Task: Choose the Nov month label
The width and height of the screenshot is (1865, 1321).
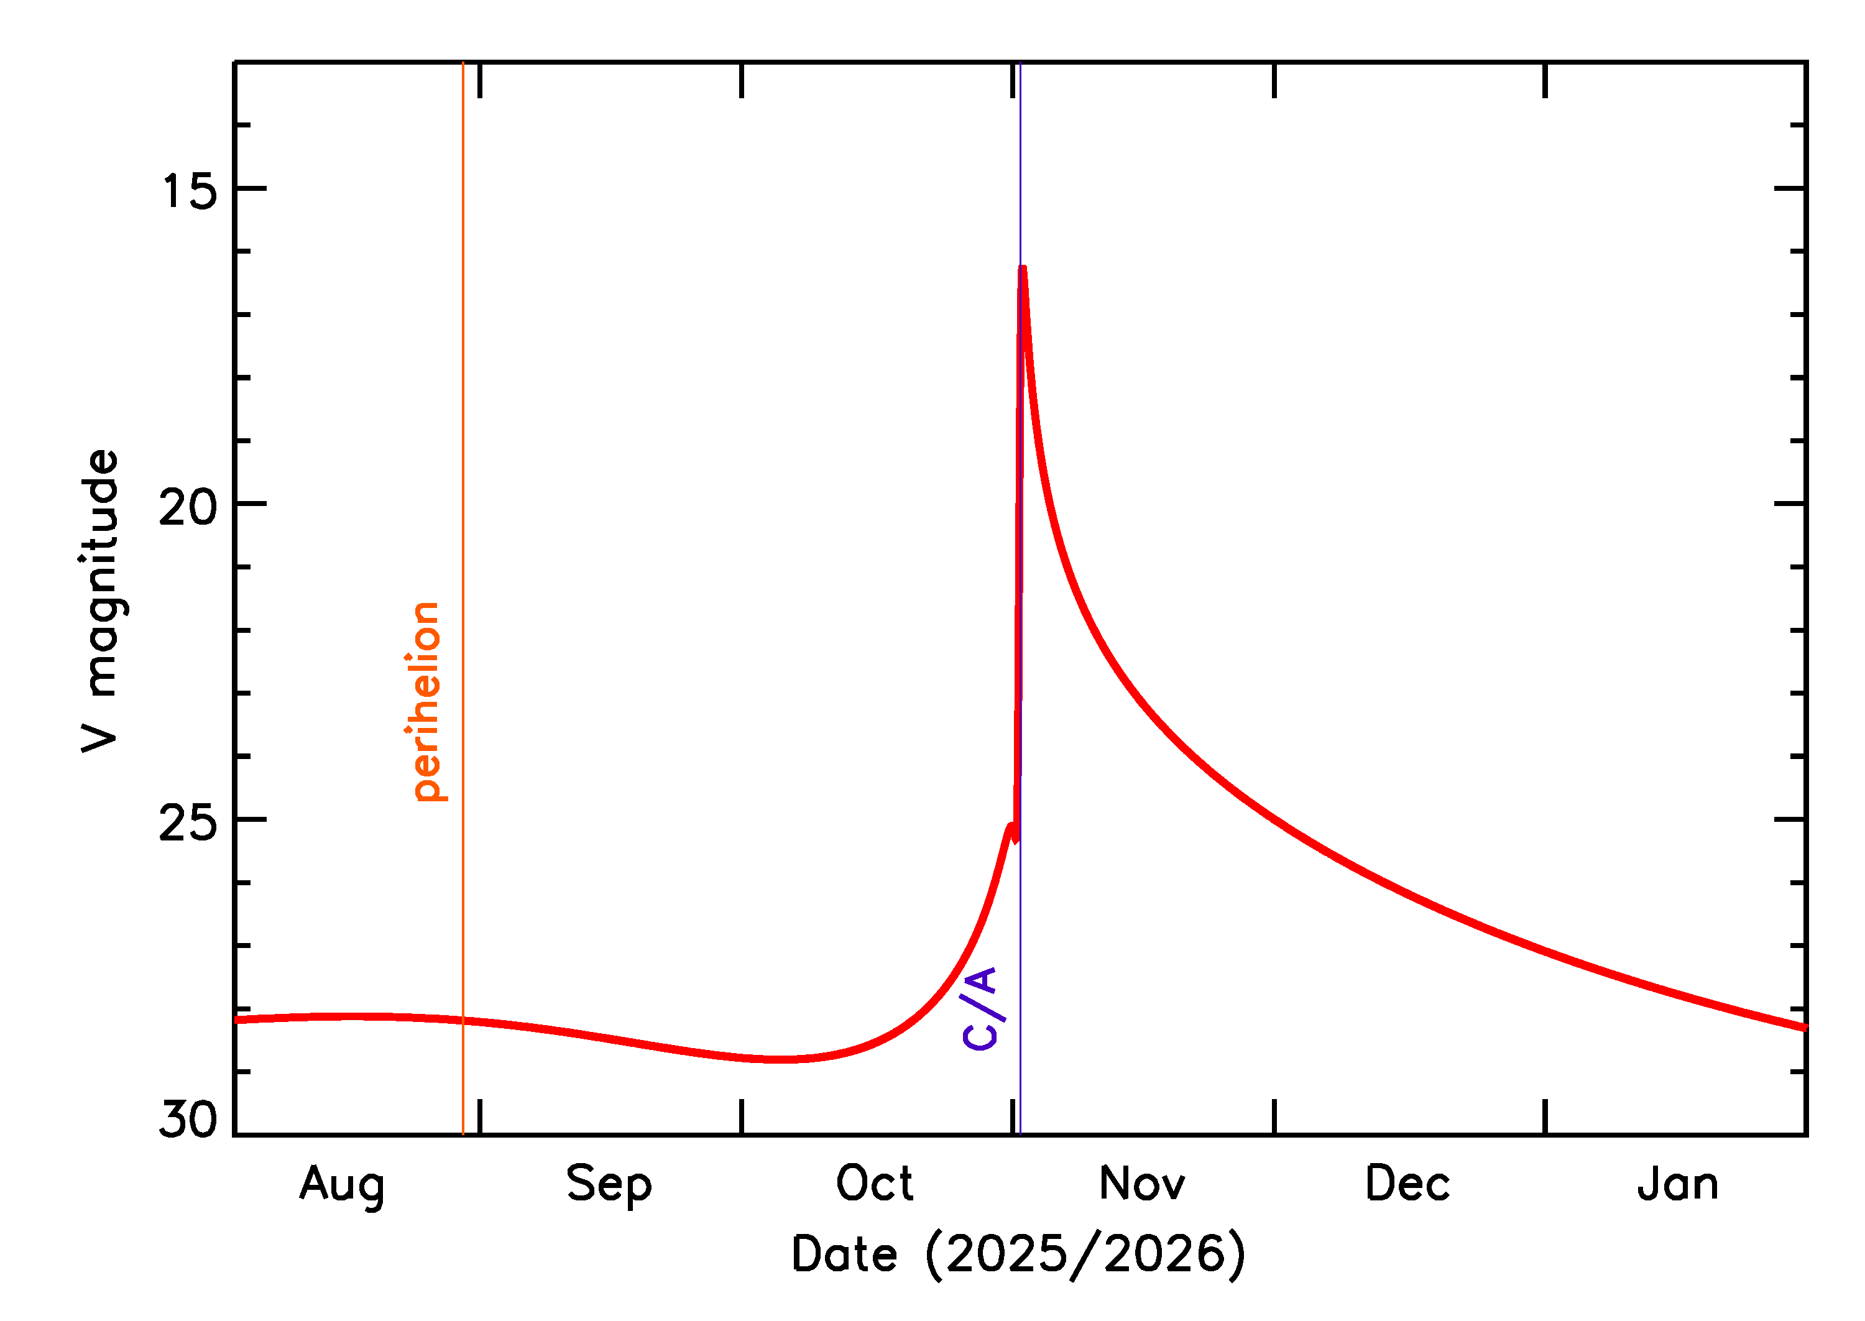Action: (1141, 1184)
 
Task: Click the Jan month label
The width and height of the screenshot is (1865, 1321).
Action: (1677, 1184)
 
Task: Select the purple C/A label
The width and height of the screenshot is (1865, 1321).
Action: (980, 1009)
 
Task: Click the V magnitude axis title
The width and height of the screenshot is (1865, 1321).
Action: (101, 601)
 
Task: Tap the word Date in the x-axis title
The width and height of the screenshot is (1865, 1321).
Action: (844, 1254)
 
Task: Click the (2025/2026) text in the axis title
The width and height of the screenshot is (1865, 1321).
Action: (1085, 1255)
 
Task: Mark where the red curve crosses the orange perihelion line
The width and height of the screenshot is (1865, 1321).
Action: (463, 1020)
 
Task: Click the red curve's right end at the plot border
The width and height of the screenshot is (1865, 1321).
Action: (1804, 1028)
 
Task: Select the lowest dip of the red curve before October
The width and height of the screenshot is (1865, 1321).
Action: (779, 1059)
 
